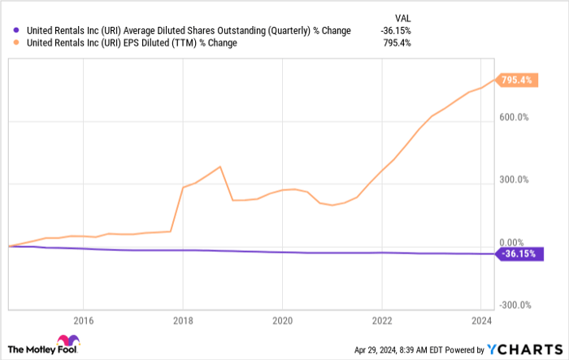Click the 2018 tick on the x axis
pos(183,319)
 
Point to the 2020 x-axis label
pos(282,319)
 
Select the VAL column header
pos(402,15)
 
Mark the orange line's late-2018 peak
pos(221,167)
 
